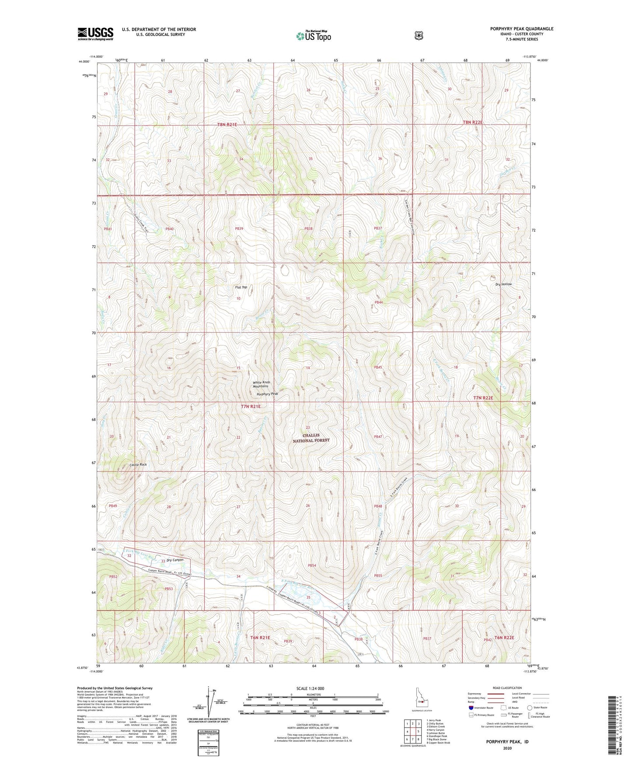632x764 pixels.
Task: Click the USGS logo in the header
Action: click(x=95, y=34)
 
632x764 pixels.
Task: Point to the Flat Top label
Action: click(x=241, y=287)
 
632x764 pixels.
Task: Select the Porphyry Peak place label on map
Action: click(x=267, y=394)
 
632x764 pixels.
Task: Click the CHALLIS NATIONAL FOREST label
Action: click(x=311, y=438)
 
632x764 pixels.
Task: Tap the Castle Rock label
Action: click(x=138, y=464)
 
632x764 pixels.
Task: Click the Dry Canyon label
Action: click(x=175, y=560)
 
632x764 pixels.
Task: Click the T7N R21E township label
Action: click(x=251, y=407)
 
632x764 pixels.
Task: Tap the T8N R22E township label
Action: click(x=472, y=122)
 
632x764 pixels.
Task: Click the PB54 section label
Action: click(x=311, y=565)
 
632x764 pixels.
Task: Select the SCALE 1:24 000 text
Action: click(x=310, y=688)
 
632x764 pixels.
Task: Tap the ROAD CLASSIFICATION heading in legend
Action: click(x=507, y=688)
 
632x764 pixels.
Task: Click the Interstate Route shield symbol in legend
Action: click(x=471, y=708)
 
